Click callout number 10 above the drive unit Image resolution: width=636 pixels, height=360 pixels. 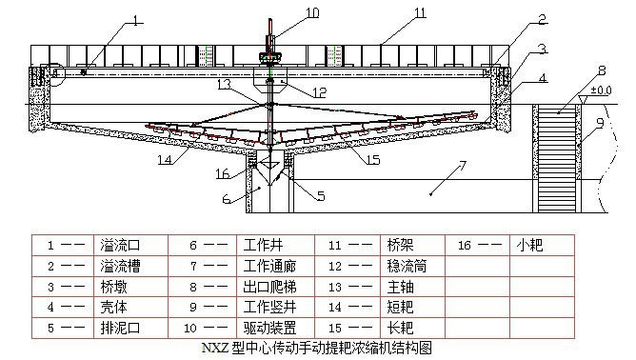pyautogui.click(x=287, y=12)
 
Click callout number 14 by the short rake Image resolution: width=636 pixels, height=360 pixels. pyautogui.click(x=167, y=159)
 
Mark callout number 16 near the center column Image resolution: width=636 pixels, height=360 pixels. pyautogui.click(x=222, y=173)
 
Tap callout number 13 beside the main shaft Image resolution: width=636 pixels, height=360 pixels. pyautogui.click(x=225, y=84)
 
